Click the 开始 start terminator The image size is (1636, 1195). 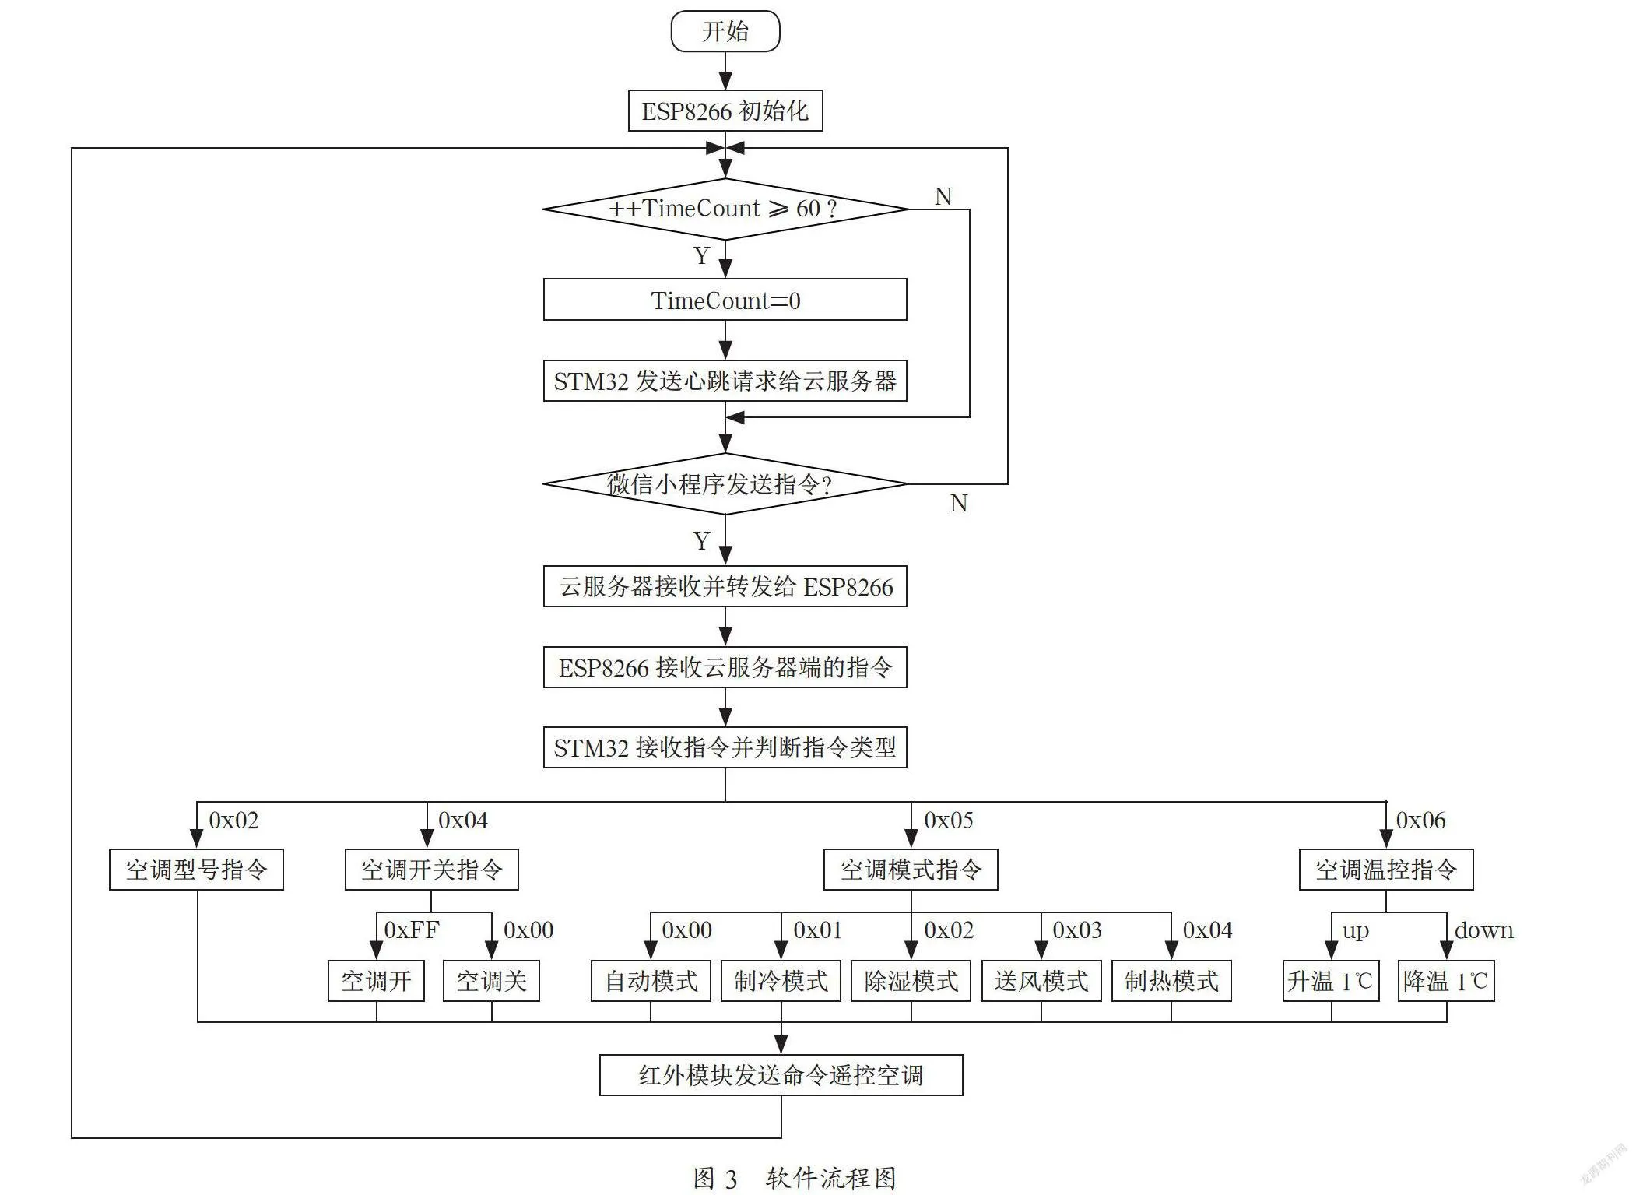coord(725,31)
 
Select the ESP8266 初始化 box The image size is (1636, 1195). coord(725,111)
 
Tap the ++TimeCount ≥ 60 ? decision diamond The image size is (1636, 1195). coord(725,209)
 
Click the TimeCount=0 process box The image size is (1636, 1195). coord(725,300)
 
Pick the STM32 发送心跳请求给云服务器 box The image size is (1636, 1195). coord(725,381)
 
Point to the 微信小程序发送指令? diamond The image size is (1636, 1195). coord(725,483)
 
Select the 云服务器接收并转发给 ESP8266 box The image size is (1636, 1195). coord(725,586)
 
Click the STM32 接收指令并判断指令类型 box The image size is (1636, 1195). coord(725,747)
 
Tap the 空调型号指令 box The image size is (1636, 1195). coord(196,870)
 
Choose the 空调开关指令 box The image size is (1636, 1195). coord(432,870)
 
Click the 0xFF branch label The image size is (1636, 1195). coord(412,930)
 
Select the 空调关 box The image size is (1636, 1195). coord(491,981)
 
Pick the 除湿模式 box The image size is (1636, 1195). coord(911,981)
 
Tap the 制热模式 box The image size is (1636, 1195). coord(1171,981)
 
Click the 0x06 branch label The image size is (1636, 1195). coord(1420,820)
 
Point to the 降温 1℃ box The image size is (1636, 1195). coord(1446,981)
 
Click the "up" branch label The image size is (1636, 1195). coord(1355,931)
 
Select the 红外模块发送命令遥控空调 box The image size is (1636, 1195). coord(781,1075)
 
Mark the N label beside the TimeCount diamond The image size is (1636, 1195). coord(943,196)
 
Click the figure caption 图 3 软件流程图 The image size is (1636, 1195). coord(795,1178)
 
